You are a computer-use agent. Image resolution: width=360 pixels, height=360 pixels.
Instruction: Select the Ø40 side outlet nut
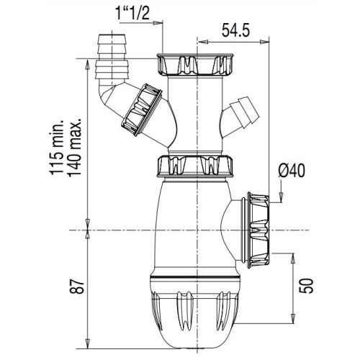[257, 228]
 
